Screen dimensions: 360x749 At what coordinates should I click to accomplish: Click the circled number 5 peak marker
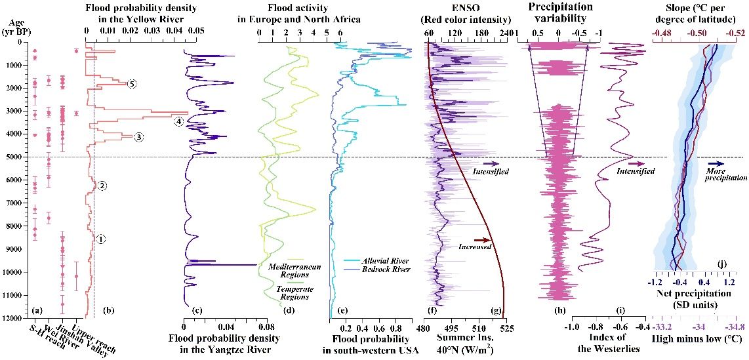[x=132, y=84]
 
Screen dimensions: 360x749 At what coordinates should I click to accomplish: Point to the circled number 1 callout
[x=101, y=239]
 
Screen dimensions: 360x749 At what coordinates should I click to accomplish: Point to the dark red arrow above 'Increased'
[x=482, y=240]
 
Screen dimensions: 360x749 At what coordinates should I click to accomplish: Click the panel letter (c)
[x=190, y=308]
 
